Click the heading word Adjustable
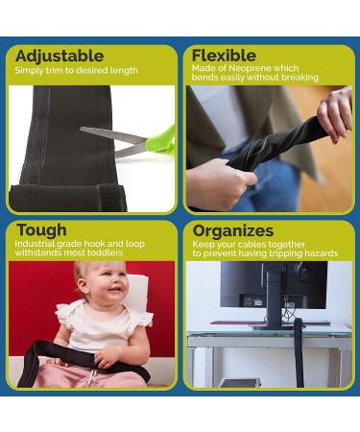(x=59, y=56)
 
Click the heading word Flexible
(x=224, y=56)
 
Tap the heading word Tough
(x=41, y=230)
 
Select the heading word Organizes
(x=233, y=230)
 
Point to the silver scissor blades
(x=110, y=135)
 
